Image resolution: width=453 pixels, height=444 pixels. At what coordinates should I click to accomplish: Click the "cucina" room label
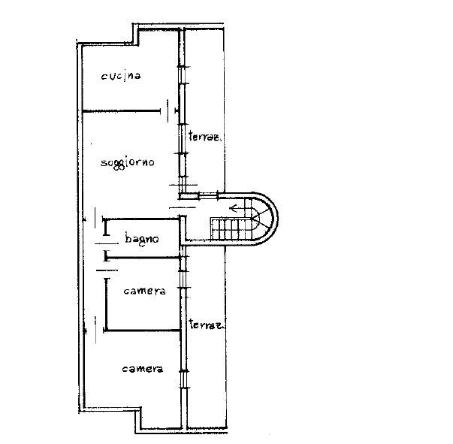point(121,77)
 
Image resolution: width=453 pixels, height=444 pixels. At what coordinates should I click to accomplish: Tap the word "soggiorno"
point(128,162)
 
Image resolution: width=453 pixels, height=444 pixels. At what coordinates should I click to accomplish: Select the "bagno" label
point(142,239)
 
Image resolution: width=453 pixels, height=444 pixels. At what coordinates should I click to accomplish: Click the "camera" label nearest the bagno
point(144,291)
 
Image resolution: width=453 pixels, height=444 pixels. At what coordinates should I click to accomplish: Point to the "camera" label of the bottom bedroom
point(143,369)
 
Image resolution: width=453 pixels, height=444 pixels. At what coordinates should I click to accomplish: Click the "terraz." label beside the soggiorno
point(205,136)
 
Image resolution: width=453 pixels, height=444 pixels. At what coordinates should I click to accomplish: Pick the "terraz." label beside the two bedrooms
point(207,325)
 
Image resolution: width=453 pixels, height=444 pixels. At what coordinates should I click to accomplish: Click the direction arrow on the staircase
point(237,208)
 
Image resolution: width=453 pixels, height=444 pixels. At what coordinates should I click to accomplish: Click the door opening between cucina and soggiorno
point(168,111)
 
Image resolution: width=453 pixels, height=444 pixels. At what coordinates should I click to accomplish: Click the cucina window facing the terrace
point(182,75)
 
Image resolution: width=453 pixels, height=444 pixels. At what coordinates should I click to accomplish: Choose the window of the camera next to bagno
point(183,279)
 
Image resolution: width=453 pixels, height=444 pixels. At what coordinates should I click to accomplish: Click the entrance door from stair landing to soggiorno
point(183,196)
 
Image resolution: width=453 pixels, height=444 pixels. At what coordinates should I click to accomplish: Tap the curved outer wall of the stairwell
point(270,219)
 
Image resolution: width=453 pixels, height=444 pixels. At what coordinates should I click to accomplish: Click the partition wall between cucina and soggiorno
point(122,111)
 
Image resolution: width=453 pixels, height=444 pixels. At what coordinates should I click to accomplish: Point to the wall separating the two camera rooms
point(142,331)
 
